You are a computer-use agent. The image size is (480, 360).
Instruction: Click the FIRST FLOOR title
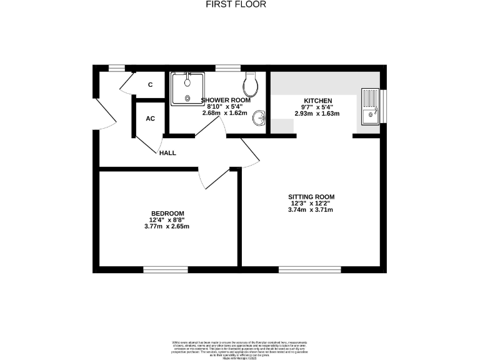pyautogui.click(x=236, y=4)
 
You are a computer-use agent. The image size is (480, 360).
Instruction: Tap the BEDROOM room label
pyautogui.click(x=167, y=213)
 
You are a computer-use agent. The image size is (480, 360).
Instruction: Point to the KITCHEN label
pyautogui.click(x=317, y=101)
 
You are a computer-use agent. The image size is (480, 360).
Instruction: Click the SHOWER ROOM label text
pyautogui.click(x=226, y=100)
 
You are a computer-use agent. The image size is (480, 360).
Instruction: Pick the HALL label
pyautogui.click(x=167, y=152)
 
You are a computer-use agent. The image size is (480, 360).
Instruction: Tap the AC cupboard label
pyautogui.click(x=150, y=118)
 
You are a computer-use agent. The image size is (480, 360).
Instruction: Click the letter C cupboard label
pyautogui.click(x=151, y=84)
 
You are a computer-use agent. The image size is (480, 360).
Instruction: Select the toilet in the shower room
pyautogui.click(x=252, y=82)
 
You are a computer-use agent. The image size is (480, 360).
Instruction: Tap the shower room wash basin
pyautogui.click(x=261, y=117)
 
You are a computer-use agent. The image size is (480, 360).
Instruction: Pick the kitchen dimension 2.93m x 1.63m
pyautogui.click(x=317, y=114)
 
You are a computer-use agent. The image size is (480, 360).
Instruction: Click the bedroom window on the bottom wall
pyautogui.click(x=166, y=269)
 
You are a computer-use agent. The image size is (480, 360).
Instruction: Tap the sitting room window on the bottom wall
pyautogui.click(x=309, y=269)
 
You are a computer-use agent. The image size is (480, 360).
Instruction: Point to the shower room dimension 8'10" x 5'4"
pyautogui.click(x=226, y=107)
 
